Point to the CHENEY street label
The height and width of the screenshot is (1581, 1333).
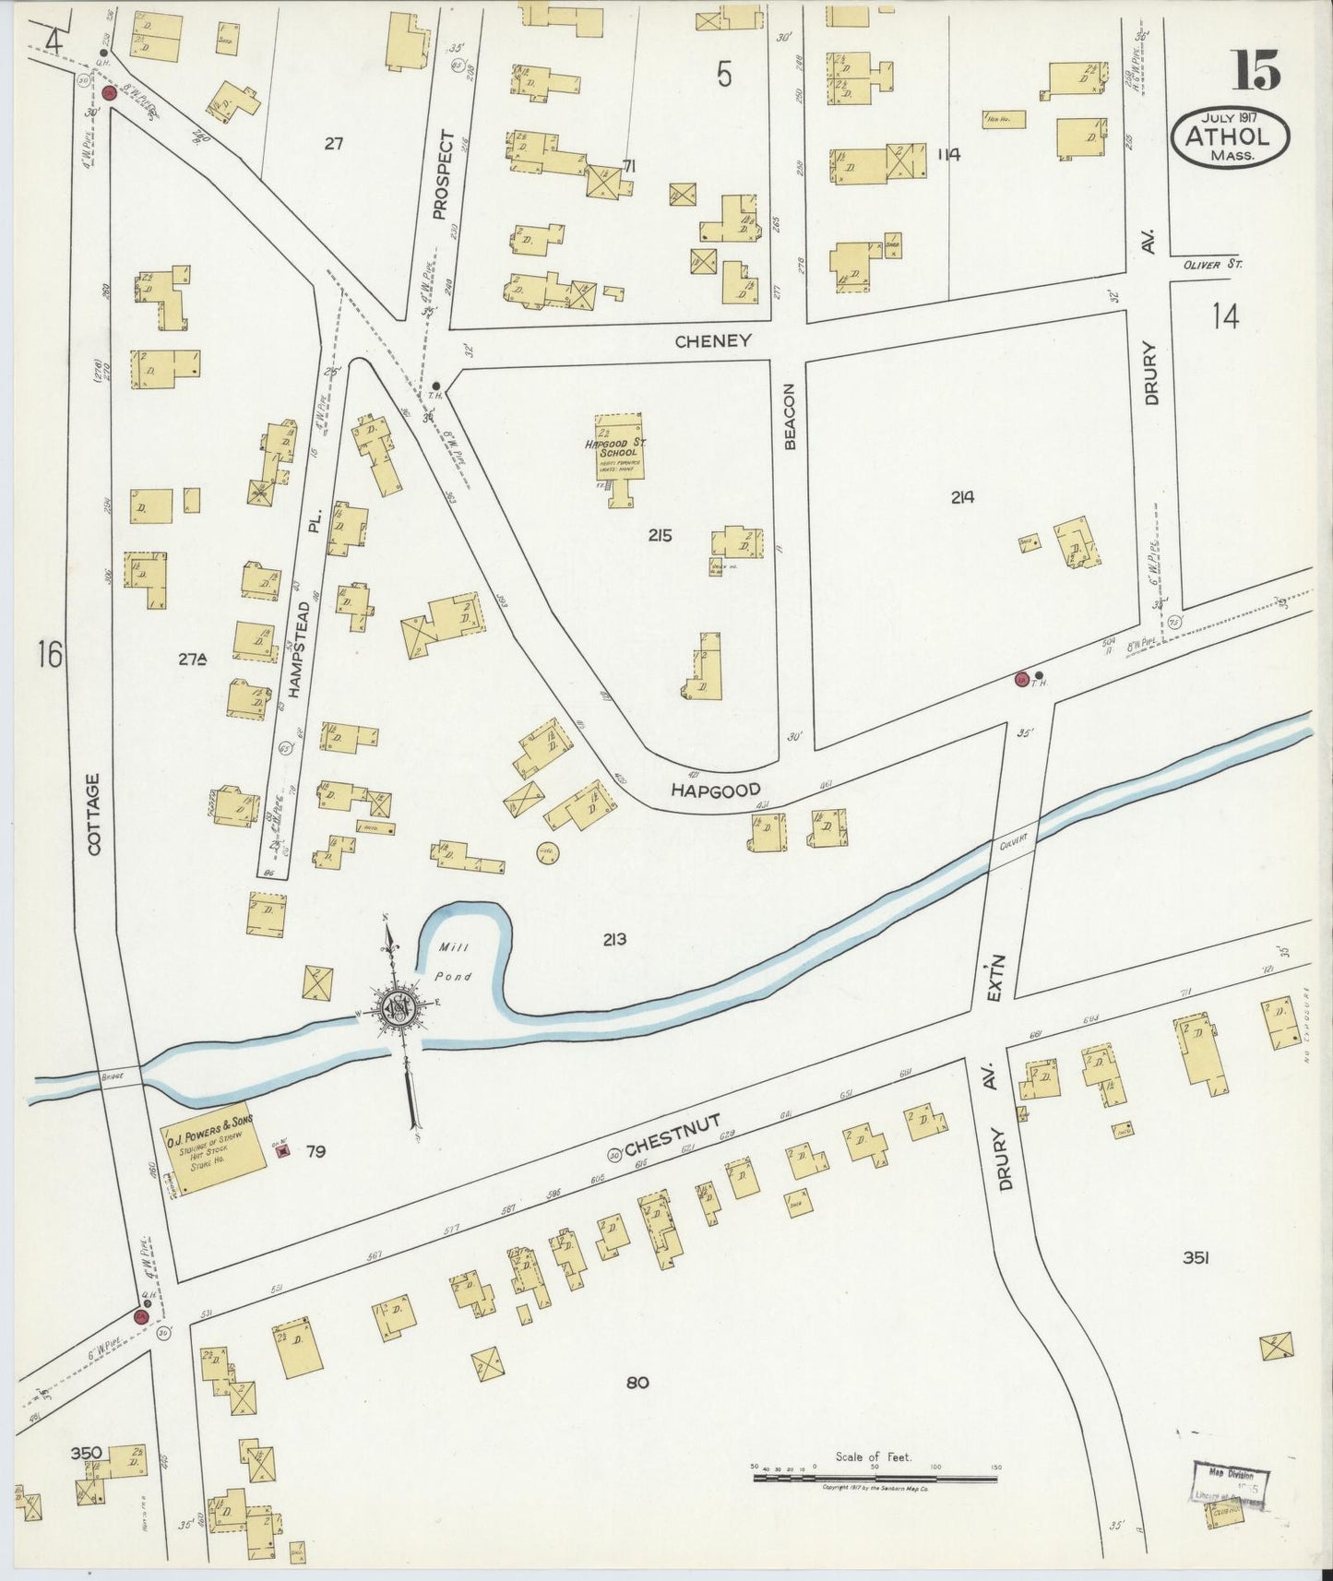click(x=712, y=341)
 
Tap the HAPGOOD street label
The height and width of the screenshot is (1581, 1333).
click(x=716, y=790)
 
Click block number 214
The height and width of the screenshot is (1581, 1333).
click(x=963, y=497)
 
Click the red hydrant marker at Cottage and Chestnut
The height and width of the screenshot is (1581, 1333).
click(x=142, y=1316)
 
